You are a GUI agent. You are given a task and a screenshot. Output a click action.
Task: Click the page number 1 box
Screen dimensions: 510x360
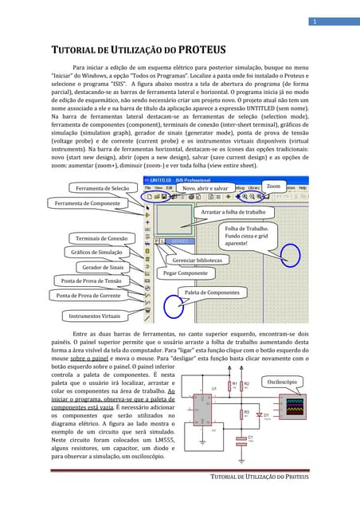click(x=315, y=21)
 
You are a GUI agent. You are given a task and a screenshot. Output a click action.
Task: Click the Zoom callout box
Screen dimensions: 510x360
click(x=273, y=186)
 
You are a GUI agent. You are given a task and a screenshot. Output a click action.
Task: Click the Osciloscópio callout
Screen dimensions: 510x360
click(x=284, y=382)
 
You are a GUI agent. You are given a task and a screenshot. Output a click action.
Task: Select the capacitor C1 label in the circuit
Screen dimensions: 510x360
click(x=250, y=437)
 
